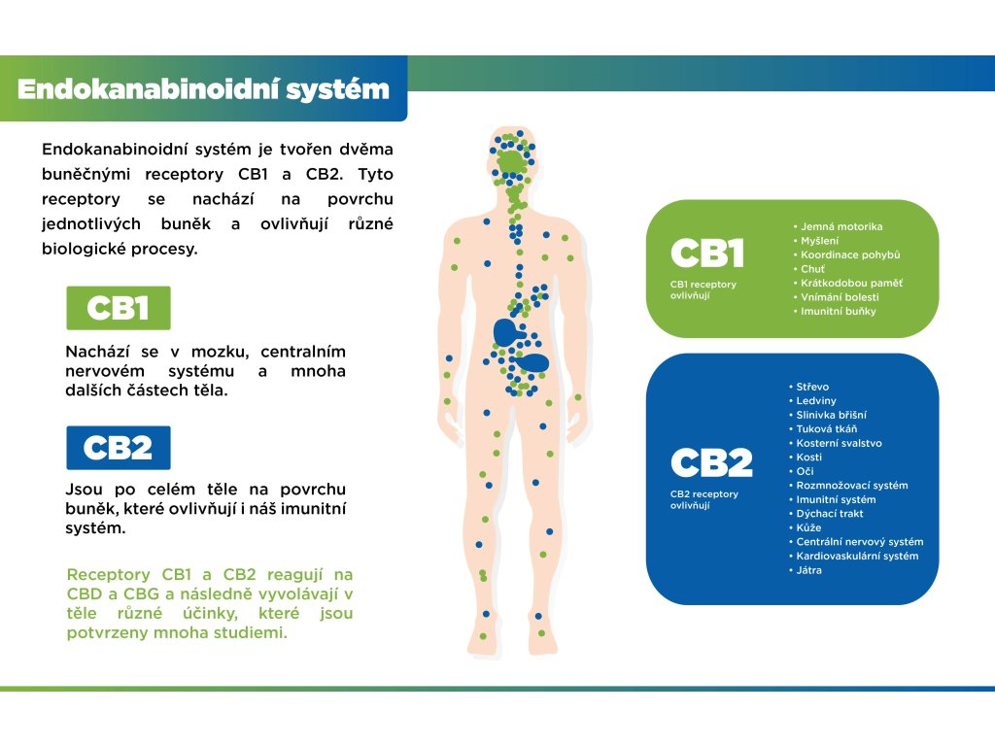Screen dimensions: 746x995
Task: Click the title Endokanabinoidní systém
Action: point(203,89)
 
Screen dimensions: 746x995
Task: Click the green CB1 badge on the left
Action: point(118,308)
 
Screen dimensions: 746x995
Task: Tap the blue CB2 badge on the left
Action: point(118,448)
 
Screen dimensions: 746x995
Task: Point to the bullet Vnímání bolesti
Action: point(840,296)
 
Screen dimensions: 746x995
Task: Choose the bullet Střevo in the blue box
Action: point(812,387)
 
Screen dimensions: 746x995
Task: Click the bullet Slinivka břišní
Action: point(829,415)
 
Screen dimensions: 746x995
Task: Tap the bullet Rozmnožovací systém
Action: point(851,486)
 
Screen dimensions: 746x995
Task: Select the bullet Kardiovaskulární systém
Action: point(856,556)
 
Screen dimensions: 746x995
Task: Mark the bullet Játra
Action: point(808,570)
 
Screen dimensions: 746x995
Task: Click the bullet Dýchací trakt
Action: point(829,514)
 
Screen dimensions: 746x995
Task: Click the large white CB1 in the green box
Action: point(707,254)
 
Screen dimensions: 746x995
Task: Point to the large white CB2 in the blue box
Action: point(711,463)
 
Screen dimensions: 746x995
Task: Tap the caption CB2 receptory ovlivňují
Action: point(704,499)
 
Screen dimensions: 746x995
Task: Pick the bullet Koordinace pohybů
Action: point(850,254)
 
